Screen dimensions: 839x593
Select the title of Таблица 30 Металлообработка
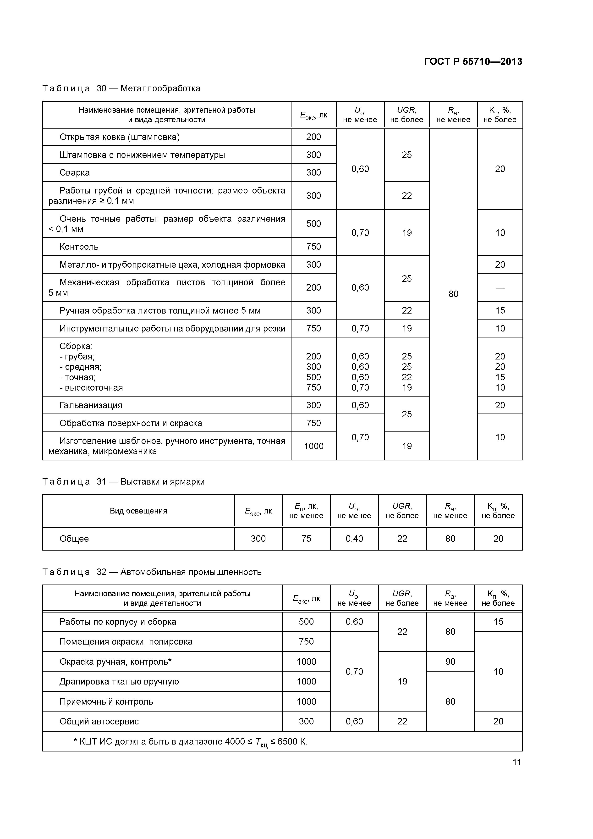pyautogui.click(x=121, y=88)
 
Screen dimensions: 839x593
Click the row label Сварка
pyautogui.click(x=75, y=172)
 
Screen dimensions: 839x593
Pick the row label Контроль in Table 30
pyautogui.click(x=79, y=247)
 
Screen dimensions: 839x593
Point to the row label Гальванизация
pyautogui.click(x=91, y=405)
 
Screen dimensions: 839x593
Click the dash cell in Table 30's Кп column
pyautogui.click(x=500, y=287)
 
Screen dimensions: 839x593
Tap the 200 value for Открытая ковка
pyautogui.click(x=313, y=137)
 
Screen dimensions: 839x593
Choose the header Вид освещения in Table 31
pyautogui.click(x=138, y=511)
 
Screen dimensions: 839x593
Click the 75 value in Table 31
pyautogui.click(x=306, y=539)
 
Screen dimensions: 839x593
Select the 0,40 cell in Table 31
pyautogui.click(x=354, y=539)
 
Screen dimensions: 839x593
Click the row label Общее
pyautogui.click(x=74, y=539)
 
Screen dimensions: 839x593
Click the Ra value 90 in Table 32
pyautogui.click(x=450, y=661)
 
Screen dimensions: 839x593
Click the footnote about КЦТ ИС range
pyautogui.click(x=190, y=742)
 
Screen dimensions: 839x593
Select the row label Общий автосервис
pyautogui.click(x=99, y=721)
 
